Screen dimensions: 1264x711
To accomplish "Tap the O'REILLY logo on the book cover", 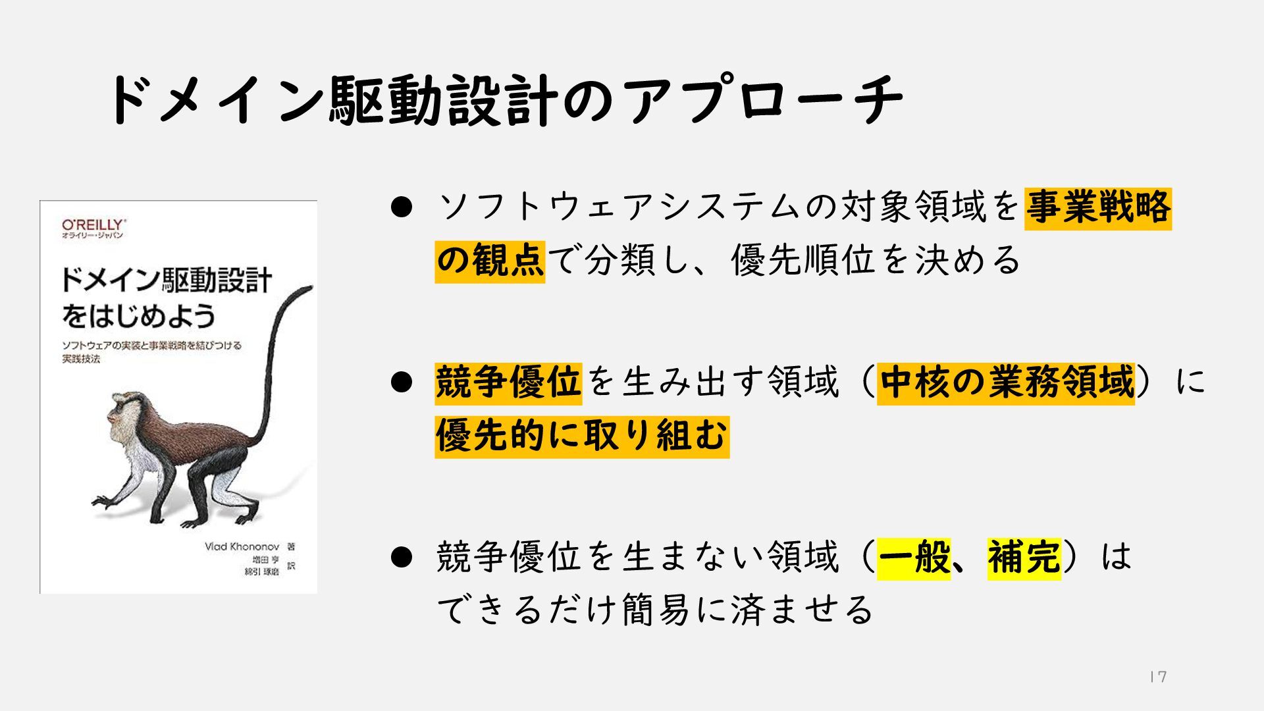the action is pyautogui.click(x=93, y=224).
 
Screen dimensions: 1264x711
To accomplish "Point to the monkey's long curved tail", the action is pyautogui.click(x=273, y=369).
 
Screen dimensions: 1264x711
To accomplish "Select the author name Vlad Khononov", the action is pyautogui.click(x=242, y=546).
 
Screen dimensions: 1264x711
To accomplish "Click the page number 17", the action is pyautogui.click(x=1158, y=677).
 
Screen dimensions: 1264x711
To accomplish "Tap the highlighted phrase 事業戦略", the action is pyautogui.click(x=1097, y=208).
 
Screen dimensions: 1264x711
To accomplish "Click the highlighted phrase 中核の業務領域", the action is pyautogui.click(x=1006, y=382).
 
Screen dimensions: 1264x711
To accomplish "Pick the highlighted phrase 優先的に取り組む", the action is pyautogui.click(x=582, y=436).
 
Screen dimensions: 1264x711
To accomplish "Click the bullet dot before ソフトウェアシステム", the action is pyautogui.click(x=401, y=207).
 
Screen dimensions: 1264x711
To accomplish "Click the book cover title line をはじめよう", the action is pyautogui.click(x=138, y=316).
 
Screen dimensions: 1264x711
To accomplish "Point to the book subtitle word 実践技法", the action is pyautogui.click(x=81, y=359).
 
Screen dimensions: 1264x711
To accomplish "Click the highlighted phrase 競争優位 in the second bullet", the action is pyautogui.click(x=508, y=382).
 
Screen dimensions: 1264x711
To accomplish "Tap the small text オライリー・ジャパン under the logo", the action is pyautogui.click(x=92, y=236).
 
